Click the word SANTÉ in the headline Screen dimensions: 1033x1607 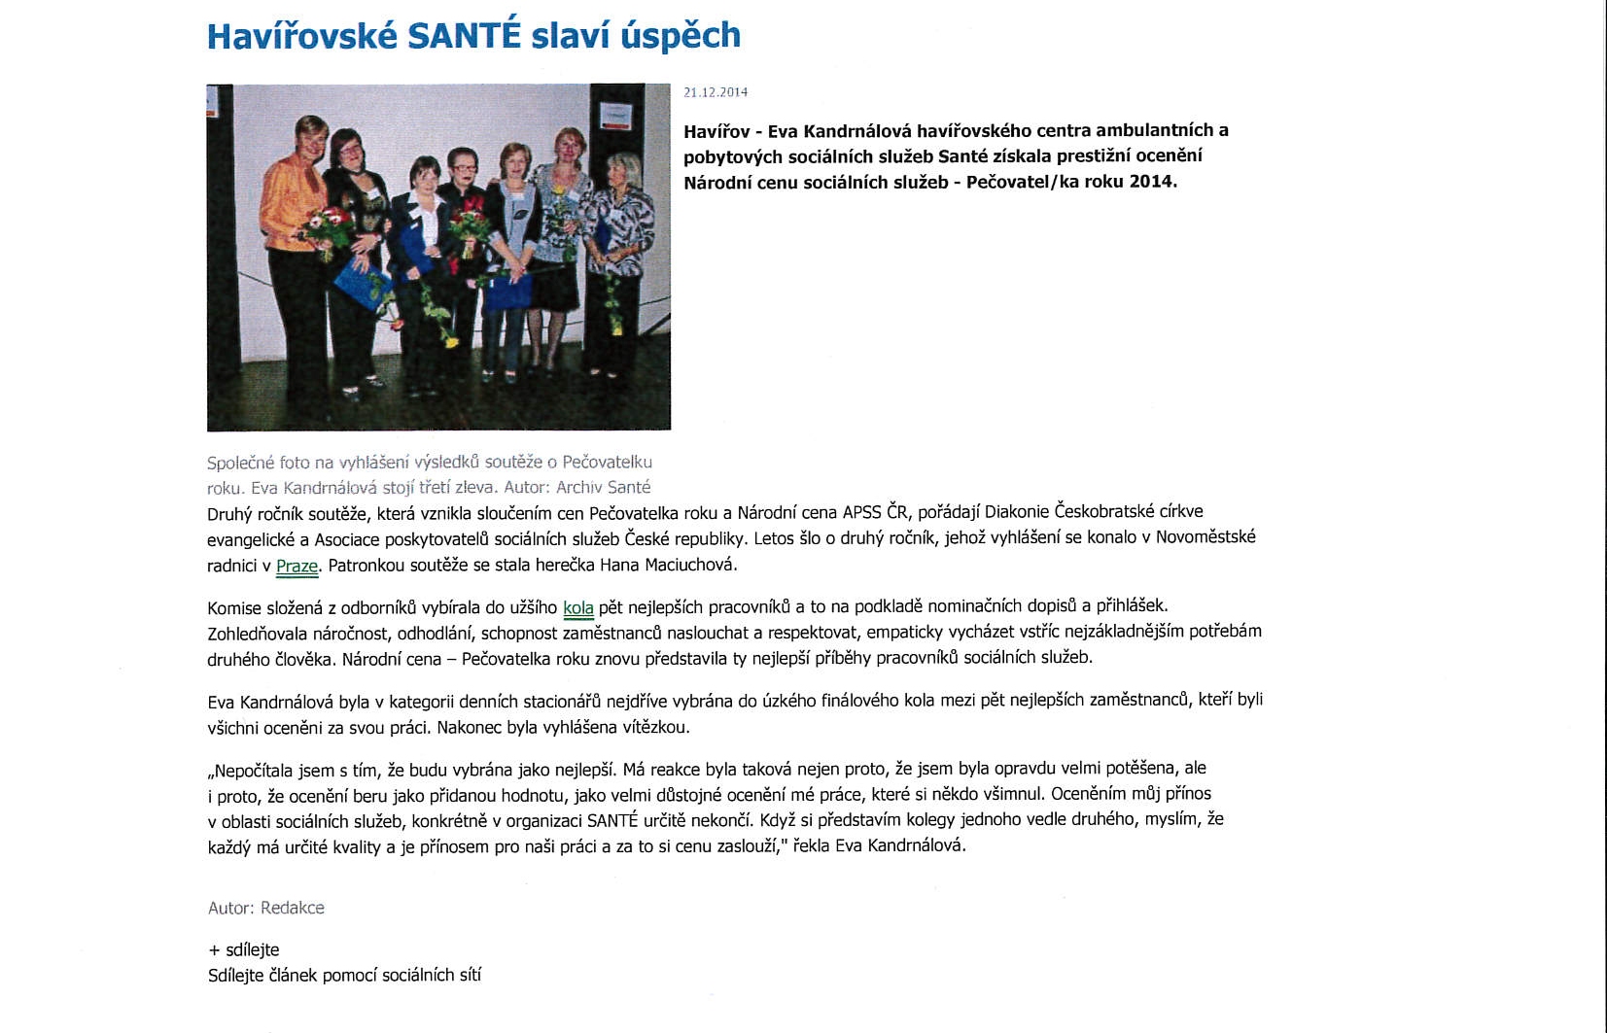coord(465,36)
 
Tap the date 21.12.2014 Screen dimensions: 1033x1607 coord(716,92)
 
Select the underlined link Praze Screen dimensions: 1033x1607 coord(297,566)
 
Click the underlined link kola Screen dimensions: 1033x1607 coord(578,608)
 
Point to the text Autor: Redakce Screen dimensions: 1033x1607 coord(266,908)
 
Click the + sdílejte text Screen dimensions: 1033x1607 coord(244,949)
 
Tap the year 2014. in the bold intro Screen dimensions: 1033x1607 coord(1153,182)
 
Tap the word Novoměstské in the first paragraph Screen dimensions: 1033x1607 coord(1205,537)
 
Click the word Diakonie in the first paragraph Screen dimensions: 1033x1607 coord(1017,512)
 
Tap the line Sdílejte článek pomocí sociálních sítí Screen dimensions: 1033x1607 coord(344,975)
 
